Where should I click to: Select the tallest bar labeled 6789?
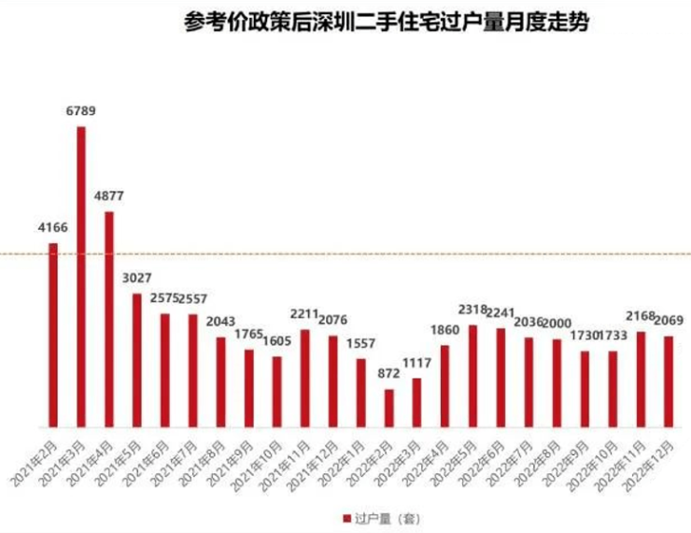[x=81, y=276]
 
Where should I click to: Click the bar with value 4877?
[x=109, y=319]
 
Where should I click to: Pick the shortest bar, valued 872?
[x=389, y=408]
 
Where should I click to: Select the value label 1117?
[x=417, y=363]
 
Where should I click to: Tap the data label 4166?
[x=53, y=227]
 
